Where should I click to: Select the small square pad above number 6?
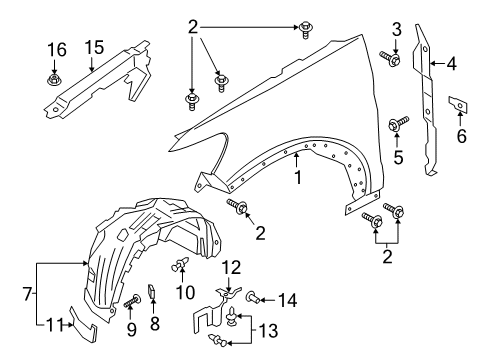tap(457, 103)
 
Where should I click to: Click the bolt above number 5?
tap(396, 125)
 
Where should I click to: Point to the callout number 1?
tap(296, 179)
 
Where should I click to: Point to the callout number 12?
tap(231, 266)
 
